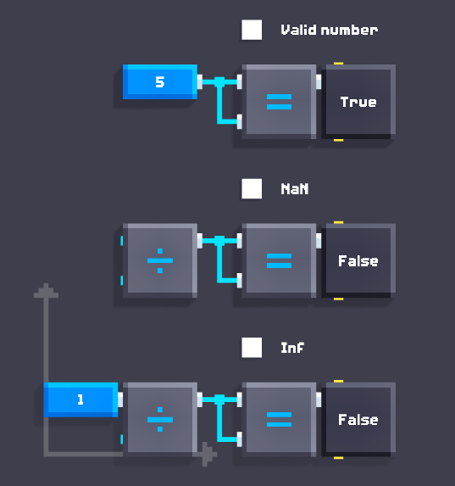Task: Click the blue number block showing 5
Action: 160,81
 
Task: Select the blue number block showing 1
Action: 80,399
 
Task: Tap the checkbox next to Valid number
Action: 252,30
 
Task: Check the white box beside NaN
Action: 252,188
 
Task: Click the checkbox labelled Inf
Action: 252,348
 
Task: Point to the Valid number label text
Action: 330,30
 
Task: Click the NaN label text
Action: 295,189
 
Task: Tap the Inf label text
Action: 292,348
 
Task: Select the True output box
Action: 358,102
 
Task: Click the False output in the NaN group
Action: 358,260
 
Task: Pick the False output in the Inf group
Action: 358,420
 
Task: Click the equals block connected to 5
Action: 279,102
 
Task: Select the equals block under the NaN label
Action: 279,260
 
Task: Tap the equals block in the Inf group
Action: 279,420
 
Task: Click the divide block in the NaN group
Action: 160,260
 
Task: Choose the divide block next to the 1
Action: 160,420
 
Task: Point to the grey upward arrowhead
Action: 46,290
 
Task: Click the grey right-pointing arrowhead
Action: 209,454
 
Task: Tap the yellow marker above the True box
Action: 338,64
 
